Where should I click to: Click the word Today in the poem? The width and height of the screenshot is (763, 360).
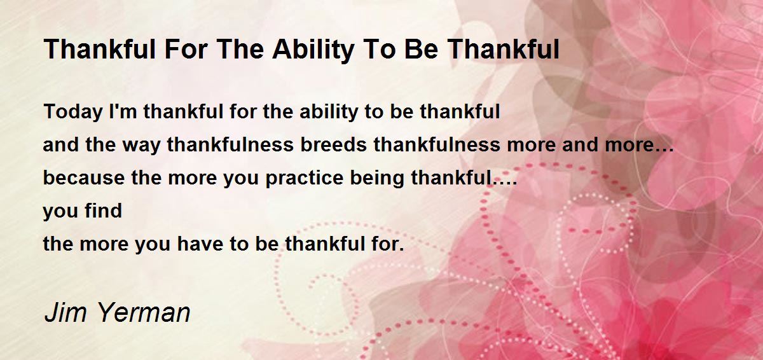click(x=72, y=112)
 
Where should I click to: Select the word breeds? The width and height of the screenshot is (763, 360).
click(x=333, y=144)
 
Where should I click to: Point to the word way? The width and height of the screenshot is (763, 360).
click(x=141, y=146)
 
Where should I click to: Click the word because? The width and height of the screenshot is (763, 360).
click(x=84, y=177)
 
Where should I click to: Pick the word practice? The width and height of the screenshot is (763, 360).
click(x=304, y=179)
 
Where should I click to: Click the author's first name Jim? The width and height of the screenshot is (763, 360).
click(x=65, y=312)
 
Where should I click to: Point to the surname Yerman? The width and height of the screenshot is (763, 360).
click(x=144, y=312)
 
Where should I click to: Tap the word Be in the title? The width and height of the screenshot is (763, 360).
click(x=422, y=50)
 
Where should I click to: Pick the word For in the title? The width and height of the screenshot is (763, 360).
click(x=186, y=50)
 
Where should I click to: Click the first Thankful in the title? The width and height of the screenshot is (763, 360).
click(x=100, y=50)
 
